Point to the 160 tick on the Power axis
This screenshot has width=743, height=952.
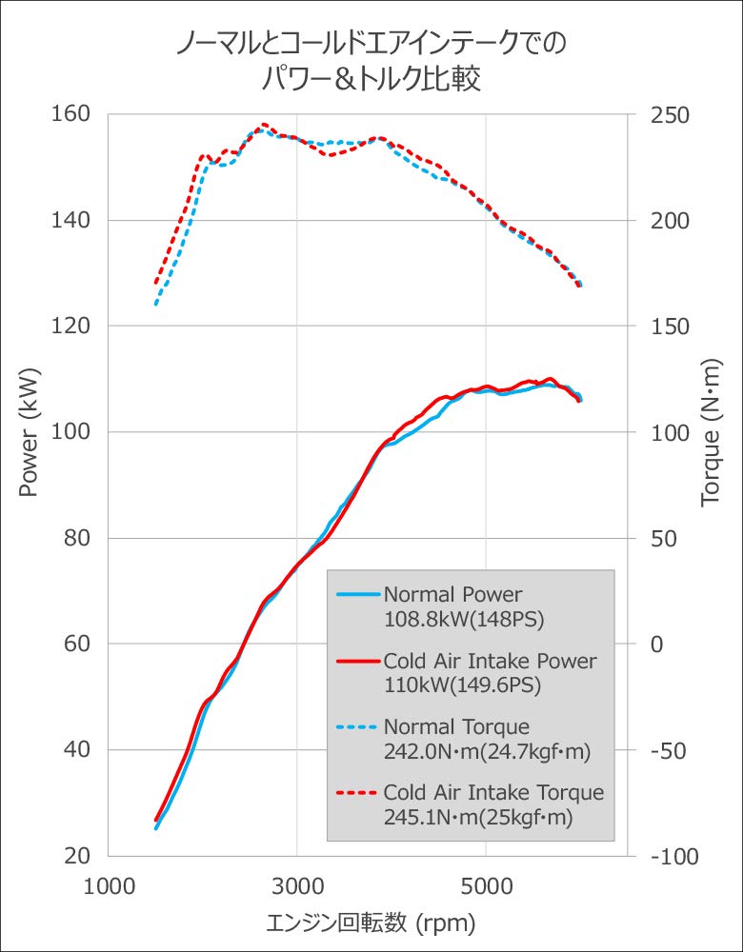click(70, 114)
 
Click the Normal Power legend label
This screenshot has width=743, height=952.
click(452, 595)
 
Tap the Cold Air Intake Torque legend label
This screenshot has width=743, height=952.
click(493, 793)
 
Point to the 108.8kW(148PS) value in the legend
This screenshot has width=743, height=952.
click(462, 618)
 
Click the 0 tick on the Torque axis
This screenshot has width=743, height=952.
click(655, 645)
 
